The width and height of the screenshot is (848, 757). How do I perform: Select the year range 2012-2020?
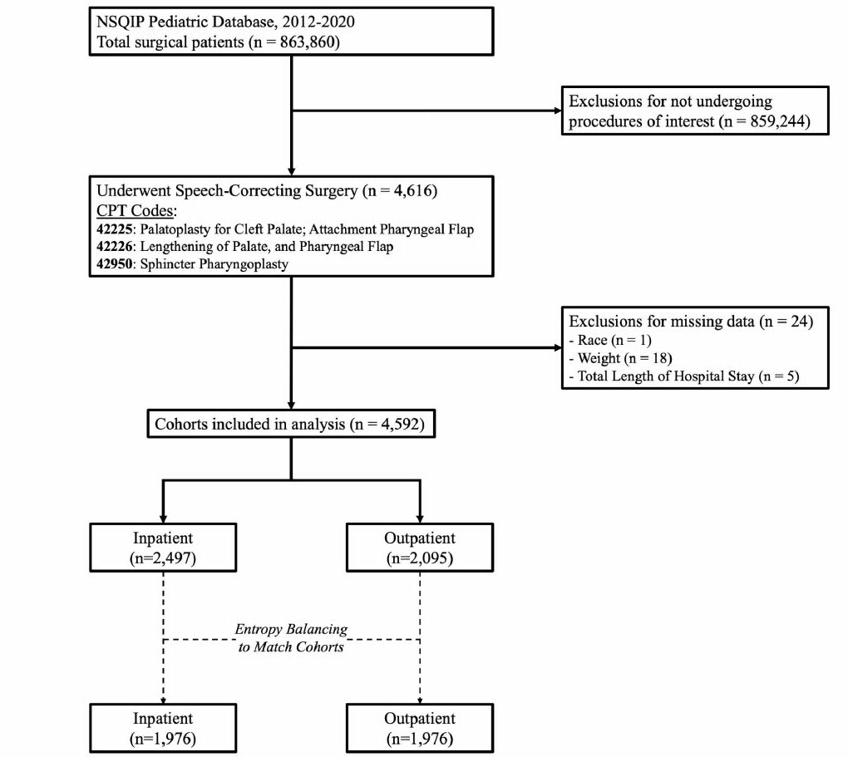coord(318,22)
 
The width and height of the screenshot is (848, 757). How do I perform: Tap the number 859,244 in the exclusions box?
coord(777,121)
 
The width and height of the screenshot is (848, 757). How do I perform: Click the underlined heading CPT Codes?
coord(136,210)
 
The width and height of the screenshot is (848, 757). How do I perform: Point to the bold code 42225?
coord(114,229)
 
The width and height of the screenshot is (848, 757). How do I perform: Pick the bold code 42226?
coord(114,247)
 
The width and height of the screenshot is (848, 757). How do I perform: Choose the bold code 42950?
coord(114,264)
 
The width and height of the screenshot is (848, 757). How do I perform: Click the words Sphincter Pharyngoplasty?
coord(214,264)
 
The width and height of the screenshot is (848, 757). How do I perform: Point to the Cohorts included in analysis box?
coord(291,424)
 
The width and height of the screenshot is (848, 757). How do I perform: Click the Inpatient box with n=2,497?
coord(163,548)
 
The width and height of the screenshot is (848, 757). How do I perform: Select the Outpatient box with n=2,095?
coord(420,548)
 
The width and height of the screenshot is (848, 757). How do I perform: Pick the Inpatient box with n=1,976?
coord(163,728)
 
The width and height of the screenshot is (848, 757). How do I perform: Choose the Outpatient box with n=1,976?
coord(420,728)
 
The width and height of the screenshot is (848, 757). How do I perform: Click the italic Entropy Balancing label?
coord(291,629)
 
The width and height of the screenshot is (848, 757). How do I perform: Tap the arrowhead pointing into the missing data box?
coord(558,347)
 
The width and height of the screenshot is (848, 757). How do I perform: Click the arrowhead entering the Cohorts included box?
coord(291,406)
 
